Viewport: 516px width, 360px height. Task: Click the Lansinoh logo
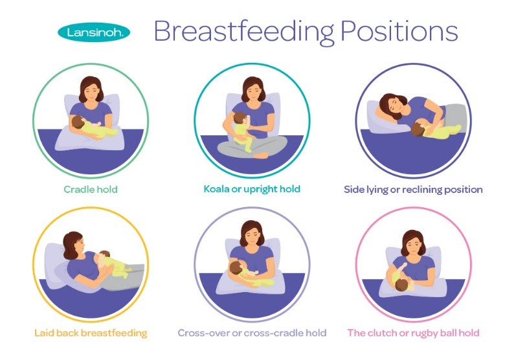pyautogui.click(x=94, y=32)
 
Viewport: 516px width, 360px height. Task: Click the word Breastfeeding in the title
pyautogui.click(x=244, y=32)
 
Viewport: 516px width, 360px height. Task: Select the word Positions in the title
pyautogui.click(x=399, y=31)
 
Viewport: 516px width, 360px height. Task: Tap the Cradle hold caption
pyautogui.click(x=91, y=189)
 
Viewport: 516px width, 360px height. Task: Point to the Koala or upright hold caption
pyautogui.click(x=252, y=189)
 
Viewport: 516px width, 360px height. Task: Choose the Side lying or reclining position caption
pyautogui.click(x=413, y=190)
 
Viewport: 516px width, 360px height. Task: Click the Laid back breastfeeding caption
pyautogui.click(x=91, y=333)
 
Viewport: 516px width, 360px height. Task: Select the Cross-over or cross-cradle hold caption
pyautogui.click(x=252, y=333)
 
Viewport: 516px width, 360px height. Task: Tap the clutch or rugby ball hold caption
pyautogui.click(x=413, y=333)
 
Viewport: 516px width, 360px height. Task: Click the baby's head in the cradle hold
pyautogui.click(x=78, y=122)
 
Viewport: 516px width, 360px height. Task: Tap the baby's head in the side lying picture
pyautogui.click(x=418, y=129)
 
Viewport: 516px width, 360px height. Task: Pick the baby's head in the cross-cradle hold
pyautogui.click(x=236, y=267)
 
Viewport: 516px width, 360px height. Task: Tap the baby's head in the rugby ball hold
pyautogui.click(x=402, y=285)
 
